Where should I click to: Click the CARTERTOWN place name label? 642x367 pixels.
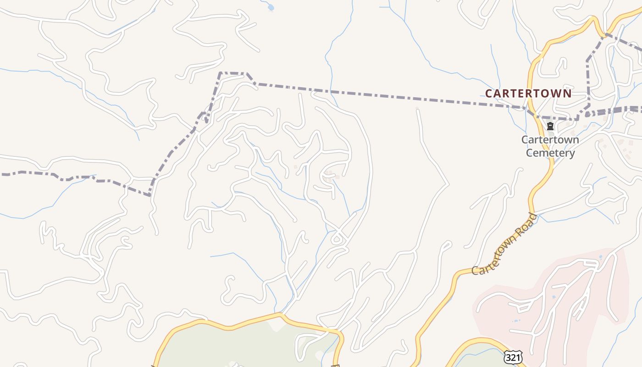528,94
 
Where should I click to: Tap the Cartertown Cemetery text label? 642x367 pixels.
550,146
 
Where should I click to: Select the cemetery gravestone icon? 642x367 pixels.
550,126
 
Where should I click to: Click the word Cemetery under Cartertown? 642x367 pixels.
550,153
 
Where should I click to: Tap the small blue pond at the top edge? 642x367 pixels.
271,7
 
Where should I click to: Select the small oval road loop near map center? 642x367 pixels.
338,239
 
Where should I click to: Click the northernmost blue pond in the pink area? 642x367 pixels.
600,257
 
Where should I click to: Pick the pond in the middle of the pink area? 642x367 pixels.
553,298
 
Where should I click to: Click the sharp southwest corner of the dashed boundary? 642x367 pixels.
150,195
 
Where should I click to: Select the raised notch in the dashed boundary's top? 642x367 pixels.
234,73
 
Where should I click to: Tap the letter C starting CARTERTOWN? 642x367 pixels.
489,94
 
